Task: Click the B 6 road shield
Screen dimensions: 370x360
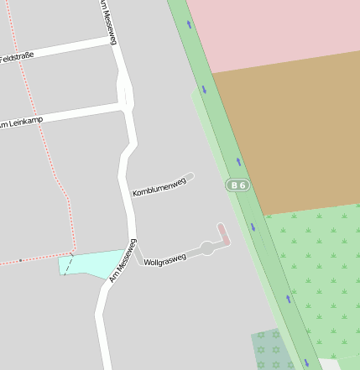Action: (x=238, y=185)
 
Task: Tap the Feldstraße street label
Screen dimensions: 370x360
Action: (x=16, y=58)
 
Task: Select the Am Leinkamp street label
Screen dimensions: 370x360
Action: (x=18, y=123)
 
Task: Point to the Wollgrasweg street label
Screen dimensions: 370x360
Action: (x=165, y=258)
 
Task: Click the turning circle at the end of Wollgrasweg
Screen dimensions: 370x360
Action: (x=207, y=248)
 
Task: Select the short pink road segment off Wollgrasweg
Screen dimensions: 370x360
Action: (x=224, y=234)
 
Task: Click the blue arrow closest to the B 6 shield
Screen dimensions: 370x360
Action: (x=238, y=161)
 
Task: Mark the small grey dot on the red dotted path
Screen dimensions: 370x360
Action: (x=20, y=261)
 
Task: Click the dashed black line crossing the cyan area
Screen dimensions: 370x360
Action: (x=68, y=264)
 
